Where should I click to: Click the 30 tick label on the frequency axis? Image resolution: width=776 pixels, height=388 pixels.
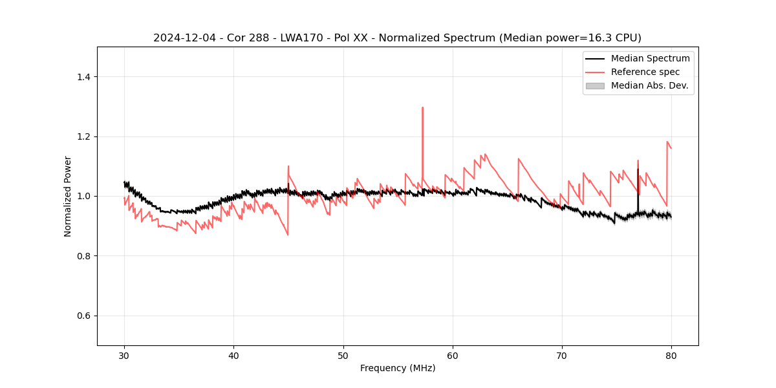pos(124,355)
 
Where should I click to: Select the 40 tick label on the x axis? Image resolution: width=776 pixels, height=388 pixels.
pos(233,355)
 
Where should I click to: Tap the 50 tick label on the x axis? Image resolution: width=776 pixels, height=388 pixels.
pos(343,355)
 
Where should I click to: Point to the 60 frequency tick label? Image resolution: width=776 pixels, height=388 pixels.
pos(453,355)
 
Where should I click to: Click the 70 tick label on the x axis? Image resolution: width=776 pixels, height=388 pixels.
pos(562,355)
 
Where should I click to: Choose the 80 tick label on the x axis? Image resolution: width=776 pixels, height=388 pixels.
pos(671,355)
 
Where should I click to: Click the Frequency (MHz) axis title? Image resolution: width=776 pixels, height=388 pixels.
pos(398,368)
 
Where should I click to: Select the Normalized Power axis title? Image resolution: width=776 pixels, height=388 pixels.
pos(68,196)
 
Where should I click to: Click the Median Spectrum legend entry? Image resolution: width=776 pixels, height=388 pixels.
pos(650,58)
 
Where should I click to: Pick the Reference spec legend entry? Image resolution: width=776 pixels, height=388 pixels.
pos(645,72)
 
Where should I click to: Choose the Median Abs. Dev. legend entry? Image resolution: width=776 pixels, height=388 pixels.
pos(649,85)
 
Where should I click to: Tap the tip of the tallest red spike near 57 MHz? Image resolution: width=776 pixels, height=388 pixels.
pos(422,107)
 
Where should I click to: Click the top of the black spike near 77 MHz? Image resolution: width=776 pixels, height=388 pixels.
pos(638,169)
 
